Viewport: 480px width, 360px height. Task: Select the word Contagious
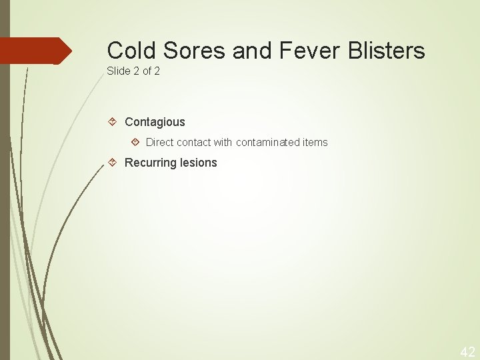[155, 122]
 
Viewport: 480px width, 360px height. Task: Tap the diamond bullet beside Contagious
[113, 122]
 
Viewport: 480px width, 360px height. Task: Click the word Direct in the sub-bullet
[159, 142]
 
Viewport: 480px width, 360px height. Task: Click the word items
[315, 142]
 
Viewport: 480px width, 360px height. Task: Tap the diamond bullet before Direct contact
[135, 142]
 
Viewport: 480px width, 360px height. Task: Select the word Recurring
[150, 163]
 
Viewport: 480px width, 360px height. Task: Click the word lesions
[198, 163]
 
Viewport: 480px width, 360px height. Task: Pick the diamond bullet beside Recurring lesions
[113, 163]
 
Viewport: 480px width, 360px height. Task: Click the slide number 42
[467, 351]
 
